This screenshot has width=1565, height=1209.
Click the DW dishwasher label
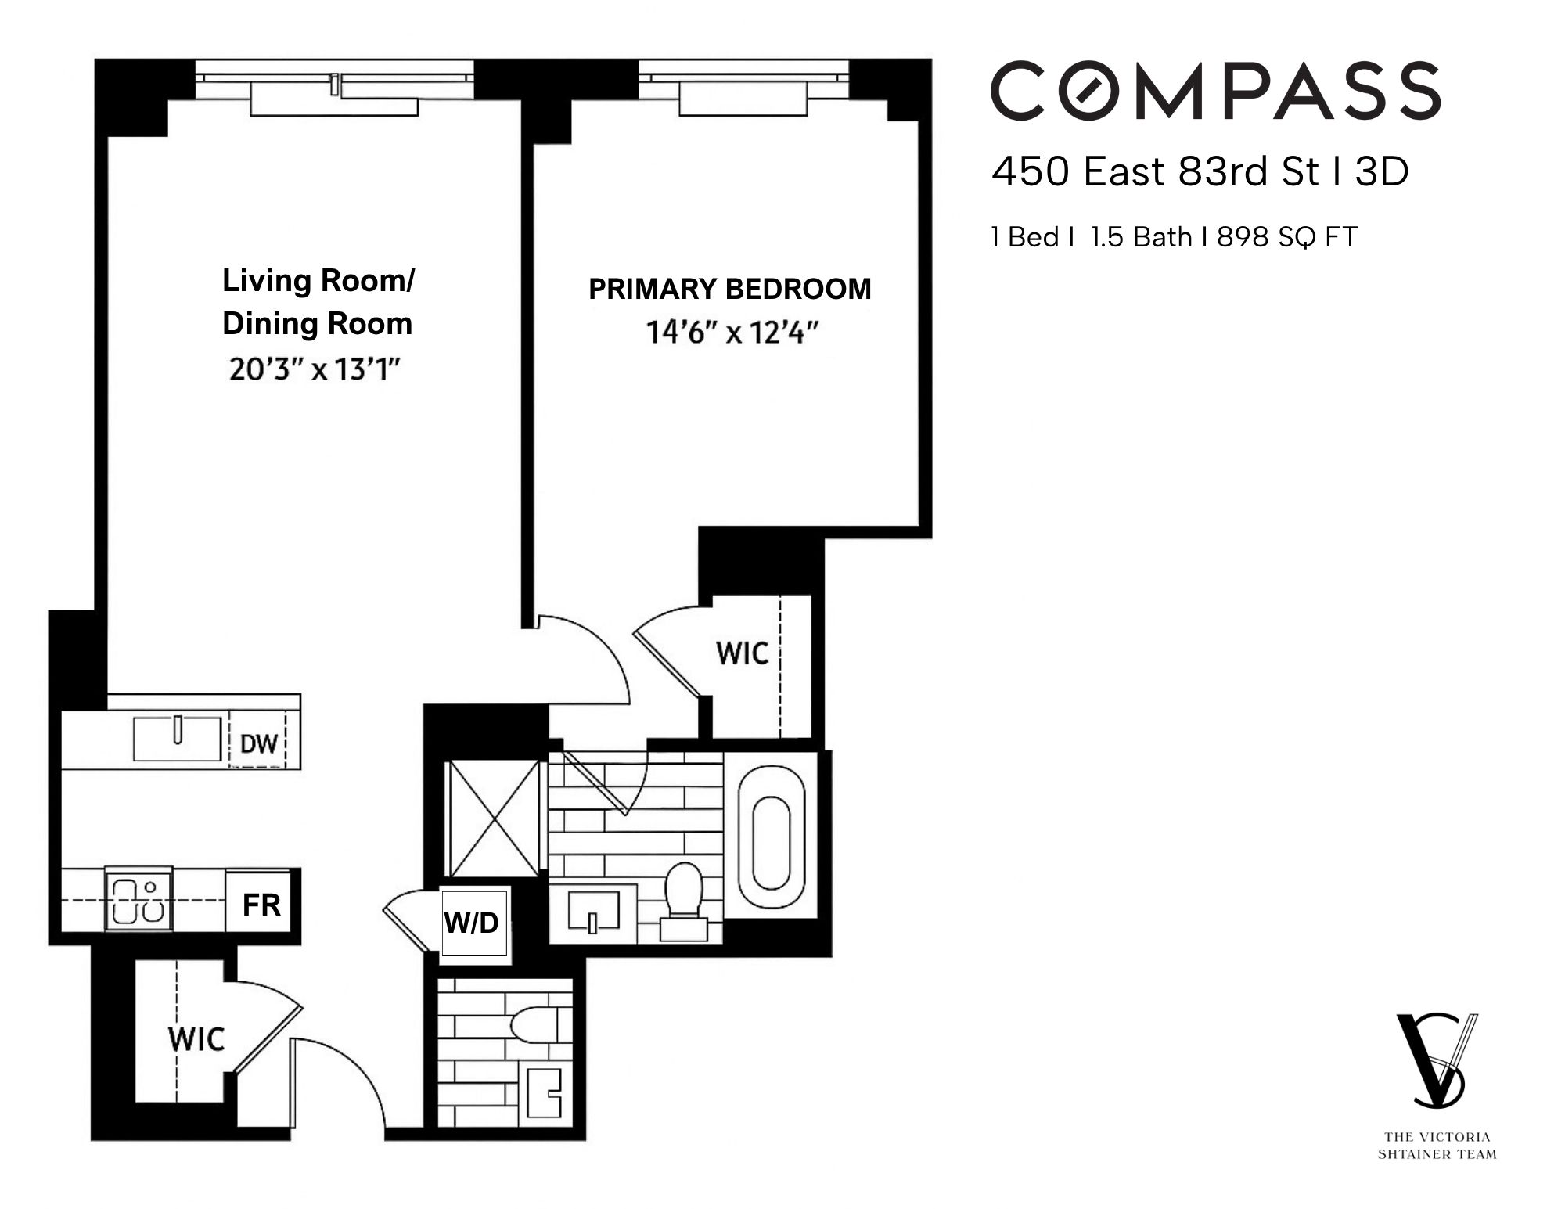click(258, 743)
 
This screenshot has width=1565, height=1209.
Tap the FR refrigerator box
click(261, 905)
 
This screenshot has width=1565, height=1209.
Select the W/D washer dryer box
click(473, 923)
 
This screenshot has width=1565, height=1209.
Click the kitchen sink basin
click(178, 739)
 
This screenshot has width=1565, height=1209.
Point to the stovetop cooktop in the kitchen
click(139, 899)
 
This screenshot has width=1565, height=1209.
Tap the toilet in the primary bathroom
click(683, 892)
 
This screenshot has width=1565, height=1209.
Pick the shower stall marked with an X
click(492, 819)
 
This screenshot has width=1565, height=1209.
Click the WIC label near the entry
click(196, 1040)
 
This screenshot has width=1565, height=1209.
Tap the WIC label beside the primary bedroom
click(742, 653)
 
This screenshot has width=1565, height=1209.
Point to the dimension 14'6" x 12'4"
click(731, 333)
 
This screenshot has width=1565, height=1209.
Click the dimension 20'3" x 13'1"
click(315, 369)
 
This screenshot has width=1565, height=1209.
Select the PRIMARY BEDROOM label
click(729, 289)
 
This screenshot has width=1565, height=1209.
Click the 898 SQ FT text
click(1286, 236)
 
